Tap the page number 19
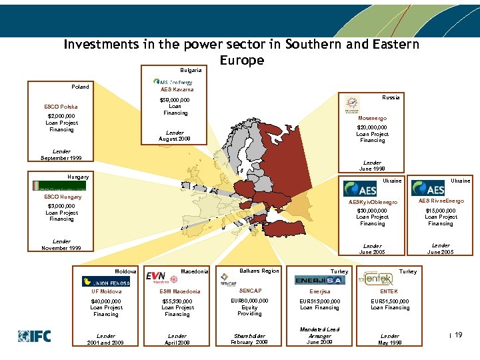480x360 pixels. pos(458,335)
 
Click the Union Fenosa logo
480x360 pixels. pos(106,281)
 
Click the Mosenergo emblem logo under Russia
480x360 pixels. pos(351,105)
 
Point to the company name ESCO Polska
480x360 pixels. pos(61,107)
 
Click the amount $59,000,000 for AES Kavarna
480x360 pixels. pos(175,100)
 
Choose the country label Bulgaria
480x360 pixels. pos(191,70)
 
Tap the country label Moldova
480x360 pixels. pos(125,271)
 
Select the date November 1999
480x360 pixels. pos(61,248)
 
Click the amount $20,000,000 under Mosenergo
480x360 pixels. pos(372,127)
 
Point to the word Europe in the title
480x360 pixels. pos(241,61)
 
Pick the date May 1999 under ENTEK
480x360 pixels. pos(389,343)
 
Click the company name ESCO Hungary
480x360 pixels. pos(62,197)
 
